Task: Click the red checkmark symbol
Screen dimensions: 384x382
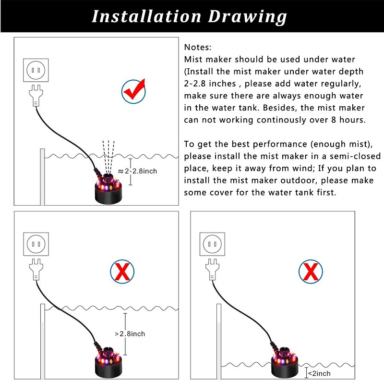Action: pos(134,89)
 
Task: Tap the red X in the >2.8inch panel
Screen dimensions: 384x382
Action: pos(122,272)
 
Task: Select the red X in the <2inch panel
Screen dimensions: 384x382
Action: pos(311,271)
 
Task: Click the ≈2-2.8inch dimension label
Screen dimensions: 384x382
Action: pos(137,171)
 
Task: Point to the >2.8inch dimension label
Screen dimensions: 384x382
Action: pos(130,333)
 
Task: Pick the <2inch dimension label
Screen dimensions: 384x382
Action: pos(319,373)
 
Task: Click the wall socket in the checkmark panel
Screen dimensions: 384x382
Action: pos(36,70)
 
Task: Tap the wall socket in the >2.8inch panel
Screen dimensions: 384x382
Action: pos(36,244)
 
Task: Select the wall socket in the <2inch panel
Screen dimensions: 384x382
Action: pos(212,244)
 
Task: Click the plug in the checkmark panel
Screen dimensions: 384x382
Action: pos(36,95)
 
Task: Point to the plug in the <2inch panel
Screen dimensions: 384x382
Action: pos(212,270)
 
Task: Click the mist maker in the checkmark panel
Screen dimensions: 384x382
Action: pos(108,188)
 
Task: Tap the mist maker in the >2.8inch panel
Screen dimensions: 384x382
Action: pos(108,363)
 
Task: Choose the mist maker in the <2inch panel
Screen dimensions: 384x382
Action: pos(285,363)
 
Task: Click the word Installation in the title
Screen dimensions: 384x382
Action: pos(146,16)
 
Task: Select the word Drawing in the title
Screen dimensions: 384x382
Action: pos(247,17)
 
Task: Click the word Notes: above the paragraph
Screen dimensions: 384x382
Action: pos(198,47)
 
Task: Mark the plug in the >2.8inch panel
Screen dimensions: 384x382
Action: pos(36,270)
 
